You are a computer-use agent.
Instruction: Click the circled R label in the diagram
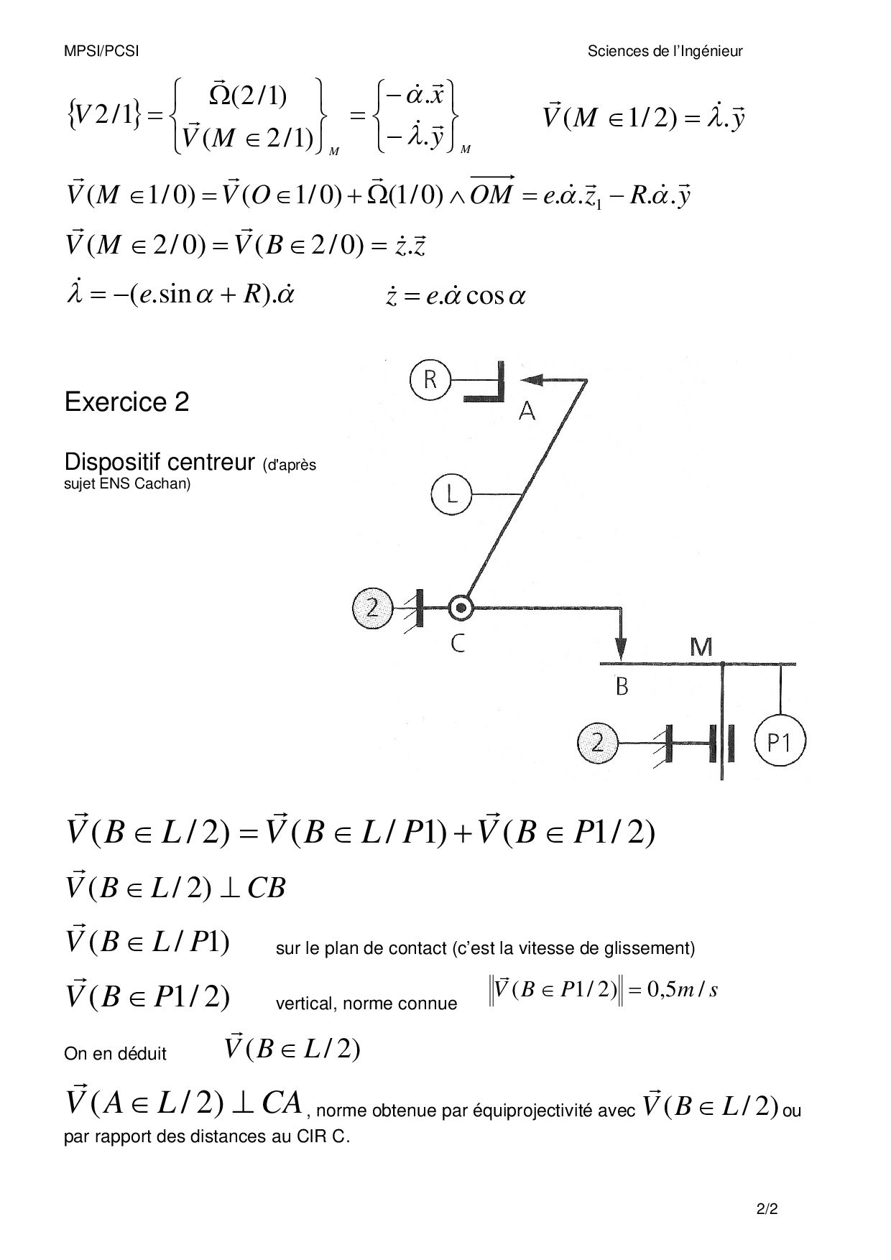click(x=430, y=379)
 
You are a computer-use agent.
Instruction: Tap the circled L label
click(x=451, y=495)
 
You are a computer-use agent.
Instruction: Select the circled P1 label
click(x=780, y=741)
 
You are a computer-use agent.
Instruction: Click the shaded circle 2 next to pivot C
click(x=372, y=608)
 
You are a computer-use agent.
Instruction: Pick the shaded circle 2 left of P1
click(x=598, y=741)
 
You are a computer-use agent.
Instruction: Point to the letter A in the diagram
click(x=527, y=411)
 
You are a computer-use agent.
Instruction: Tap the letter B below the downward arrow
click(x=622, y=687)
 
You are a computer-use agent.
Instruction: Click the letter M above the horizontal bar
click(x=701, y=647)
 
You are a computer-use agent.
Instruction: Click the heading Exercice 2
click(x=126, y=402)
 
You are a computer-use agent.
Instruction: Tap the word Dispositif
click(x=111, y=462)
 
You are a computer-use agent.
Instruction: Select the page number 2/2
click(x=767, y=1209)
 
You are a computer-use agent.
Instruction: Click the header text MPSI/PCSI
click(x=101, y=51)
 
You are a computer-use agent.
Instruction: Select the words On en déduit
click(x=115, y=1054)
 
